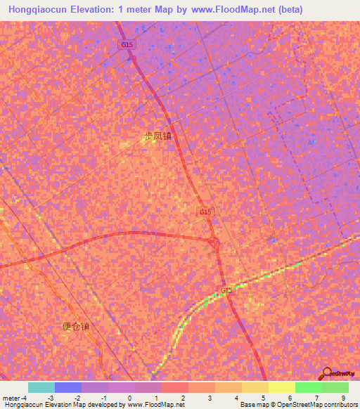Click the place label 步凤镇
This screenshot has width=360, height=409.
pos(157,136)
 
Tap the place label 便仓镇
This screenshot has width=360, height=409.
pos(76,326)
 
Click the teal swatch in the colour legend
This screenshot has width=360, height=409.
pos(41,387)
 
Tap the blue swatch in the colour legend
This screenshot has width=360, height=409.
pos(68,387)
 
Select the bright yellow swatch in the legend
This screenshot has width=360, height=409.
pos(281,387)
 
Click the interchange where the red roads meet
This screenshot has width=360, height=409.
pos(214,242)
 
